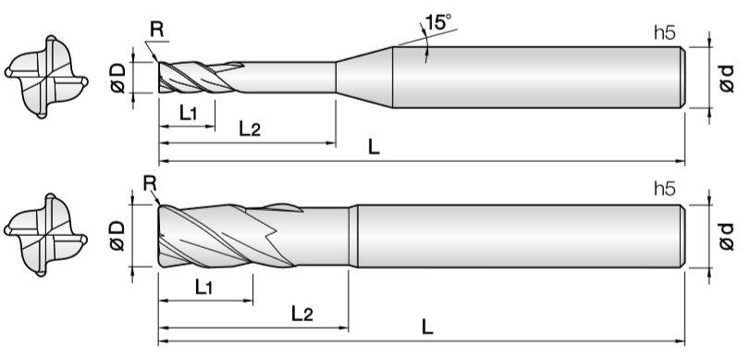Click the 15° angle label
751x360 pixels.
tap(437, 22)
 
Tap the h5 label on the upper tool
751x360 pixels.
tap(664, 32)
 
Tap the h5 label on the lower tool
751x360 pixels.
tap(664, 190)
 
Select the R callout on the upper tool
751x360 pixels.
tap(156, 30)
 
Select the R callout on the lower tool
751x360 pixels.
tap(150, 182)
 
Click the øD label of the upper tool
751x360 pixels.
tap(117, 78)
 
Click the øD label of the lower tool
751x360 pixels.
tap(117, 235)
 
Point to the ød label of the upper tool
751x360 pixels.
tap(726, 79)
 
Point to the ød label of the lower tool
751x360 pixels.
tap(726, 236)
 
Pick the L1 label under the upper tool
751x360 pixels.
tap(189, 114)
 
